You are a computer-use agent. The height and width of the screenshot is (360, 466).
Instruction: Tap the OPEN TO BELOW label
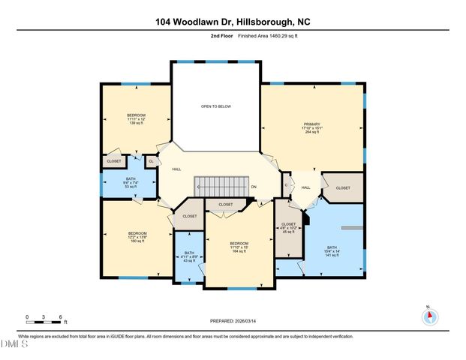click(215, 106)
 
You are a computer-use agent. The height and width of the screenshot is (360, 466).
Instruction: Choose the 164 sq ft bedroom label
click(239, 247)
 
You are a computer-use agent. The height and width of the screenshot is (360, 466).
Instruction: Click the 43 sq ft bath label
click(188, 256)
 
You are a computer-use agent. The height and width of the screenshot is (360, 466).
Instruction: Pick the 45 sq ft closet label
click(288, 227)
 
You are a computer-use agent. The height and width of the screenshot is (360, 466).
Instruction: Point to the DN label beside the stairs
click(254, 187)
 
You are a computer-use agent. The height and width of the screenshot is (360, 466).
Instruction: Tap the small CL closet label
click(151, 161)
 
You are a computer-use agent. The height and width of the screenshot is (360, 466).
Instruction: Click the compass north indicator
click(428, 315)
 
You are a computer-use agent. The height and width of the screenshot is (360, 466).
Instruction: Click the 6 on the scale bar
click(61, 316)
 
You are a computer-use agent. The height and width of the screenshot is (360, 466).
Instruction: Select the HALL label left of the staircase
click(176, 169)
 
